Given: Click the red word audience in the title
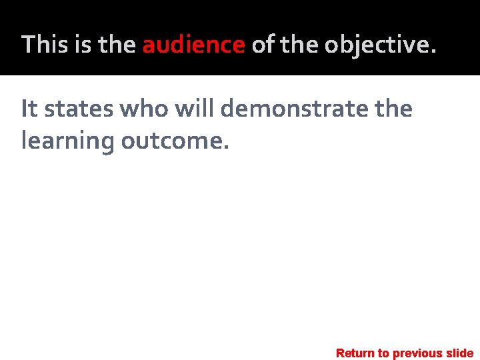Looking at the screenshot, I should click(x=193, y=45).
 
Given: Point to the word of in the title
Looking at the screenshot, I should click(x=262, y=45).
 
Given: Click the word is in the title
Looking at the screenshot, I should click(x=83, y=45).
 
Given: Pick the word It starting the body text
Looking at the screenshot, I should click(x=29, y=108).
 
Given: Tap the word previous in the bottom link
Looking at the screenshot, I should click(x=418, y=353).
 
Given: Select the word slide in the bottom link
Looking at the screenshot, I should click(x=459, y=353).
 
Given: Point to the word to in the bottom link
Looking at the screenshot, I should click(x=384, y=353).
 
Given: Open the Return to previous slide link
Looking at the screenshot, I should click(x=405, y=353).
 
